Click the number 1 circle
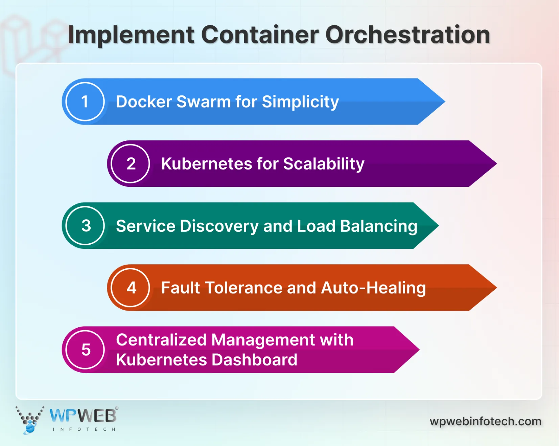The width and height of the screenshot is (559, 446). tap(85, 102)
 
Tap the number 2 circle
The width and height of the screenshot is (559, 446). tap(131, 164)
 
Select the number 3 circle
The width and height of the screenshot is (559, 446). tap(86, 226)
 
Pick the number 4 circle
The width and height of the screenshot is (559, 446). tap(131, 288)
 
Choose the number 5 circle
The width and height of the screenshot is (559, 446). tap(86, 350)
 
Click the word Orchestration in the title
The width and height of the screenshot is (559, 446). tap(407, 35)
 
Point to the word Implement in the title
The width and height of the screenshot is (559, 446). tap(131, 35)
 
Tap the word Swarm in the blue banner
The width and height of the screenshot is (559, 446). tap(203, 102)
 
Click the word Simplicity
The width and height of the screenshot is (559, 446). tap(300, 102)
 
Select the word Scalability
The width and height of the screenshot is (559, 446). tap(324, 164)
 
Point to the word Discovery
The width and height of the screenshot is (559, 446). tap(219, 226)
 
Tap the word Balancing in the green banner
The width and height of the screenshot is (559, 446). tap(379, 226)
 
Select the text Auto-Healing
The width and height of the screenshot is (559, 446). tap(373, 288)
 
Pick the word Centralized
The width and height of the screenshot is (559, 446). tap(161, 340)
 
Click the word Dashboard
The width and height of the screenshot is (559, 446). tap(254, 360)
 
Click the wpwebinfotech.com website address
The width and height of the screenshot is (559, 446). tap(485, 422)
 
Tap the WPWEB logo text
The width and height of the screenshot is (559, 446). tap(83, 416)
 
